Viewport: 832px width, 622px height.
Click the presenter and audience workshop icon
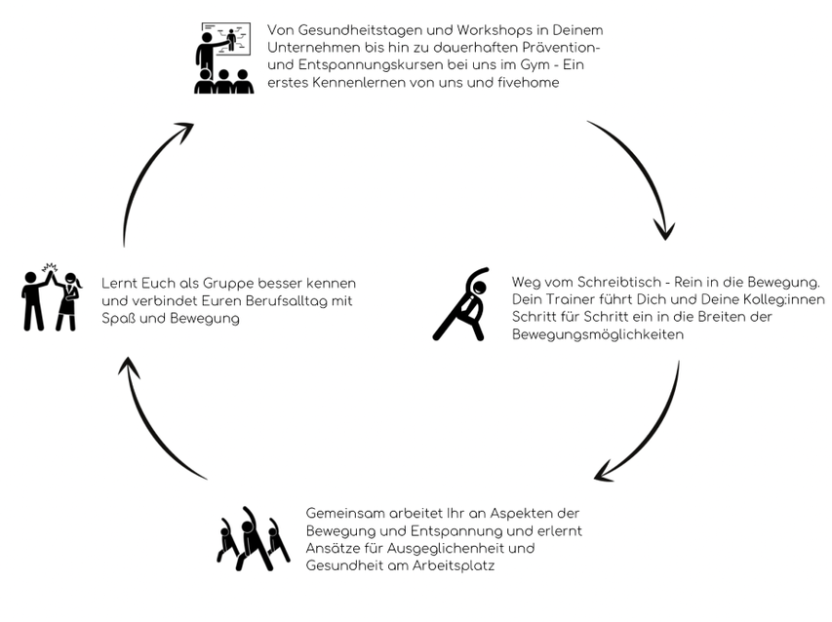(223, 58)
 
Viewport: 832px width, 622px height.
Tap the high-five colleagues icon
(52, 297)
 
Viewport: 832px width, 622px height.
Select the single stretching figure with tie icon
(460, 304)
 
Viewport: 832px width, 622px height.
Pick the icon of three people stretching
(253, 538)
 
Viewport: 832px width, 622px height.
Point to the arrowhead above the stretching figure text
(664, 230)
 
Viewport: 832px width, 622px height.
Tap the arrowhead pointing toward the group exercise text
(604, 472)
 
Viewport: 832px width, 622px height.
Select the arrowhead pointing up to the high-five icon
(128, 367)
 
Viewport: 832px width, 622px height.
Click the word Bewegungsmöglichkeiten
(598, 334)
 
